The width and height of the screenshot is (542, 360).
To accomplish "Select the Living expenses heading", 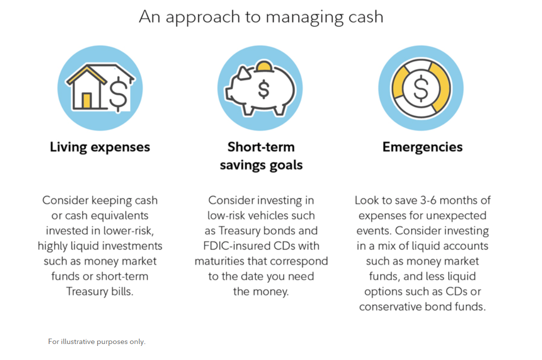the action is (100, 147).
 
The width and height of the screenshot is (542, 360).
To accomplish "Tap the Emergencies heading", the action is (423, 147).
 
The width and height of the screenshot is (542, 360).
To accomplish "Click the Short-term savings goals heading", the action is (261, 156).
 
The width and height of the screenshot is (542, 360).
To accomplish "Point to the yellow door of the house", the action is (86, 101).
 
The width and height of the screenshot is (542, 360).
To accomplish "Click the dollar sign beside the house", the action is (118, 94).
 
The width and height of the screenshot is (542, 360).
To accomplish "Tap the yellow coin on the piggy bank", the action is (264, 66).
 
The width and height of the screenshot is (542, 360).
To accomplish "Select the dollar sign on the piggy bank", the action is (264, 89).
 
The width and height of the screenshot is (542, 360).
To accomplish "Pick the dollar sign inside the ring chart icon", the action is (421, 88).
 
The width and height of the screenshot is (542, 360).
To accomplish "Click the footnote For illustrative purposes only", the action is (97, 342).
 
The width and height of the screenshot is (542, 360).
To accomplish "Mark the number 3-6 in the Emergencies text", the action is (428, 200).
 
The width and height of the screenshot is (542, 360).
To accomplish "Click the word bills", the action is (122, 291).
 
